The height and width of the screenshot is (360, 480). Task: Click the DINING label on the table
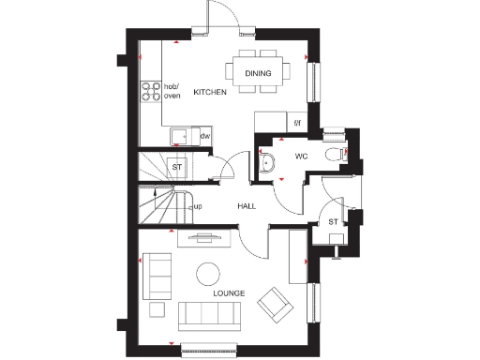(259, 73)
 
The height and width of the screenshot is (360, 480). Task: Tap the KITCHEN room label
(210, 92)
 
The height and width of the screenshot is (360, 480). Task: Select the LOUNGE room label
(229, 293)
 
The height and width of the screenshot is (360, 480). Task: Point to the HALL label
(247, 206)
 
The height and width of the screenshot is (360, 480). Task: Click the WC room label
(301, 156)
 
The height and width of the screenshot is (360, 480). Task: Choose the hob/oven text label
(172, 92)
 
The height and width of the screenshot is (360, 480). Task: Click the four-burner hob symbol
(150, 92)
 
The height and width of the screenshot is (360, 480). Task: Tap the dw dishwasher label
(203, 137)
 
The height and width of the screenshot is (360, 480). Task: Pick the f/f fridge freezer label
(298, 122)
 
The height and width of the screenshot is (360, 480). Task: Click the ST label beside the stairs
(176, 167)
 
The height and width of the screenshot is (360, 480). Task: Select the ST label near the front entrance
(333, 221)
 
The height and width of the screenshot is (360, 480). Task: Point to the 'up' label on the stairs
(198, 206)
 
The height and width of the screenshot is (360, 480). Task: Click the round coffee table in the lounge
(206, 273)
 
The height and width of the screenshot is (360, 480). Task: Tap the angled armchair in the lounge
(276, 303)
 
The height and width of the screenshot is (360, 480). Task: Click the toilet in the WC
(331, 155)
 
